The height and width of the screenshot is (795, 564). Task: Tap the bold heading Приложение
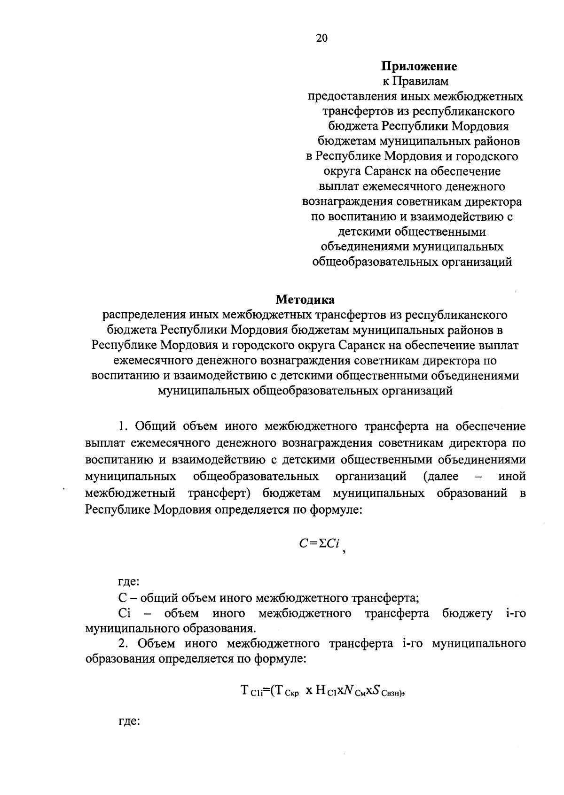click(x=419, y=66)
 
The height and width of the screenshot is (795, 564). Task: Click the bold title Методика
click(x=305, y=299)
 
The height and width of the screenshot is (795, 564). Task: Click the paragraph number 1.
click(x=123, y=426)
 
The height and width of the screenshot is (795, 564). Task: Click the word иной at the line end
click(x=511, y=477)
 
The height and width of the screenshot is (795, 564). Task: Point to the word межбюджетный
click(x=131, y=494)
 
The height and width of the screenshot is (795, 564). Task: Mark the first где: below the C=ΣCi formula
click(x=128, y=582)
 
